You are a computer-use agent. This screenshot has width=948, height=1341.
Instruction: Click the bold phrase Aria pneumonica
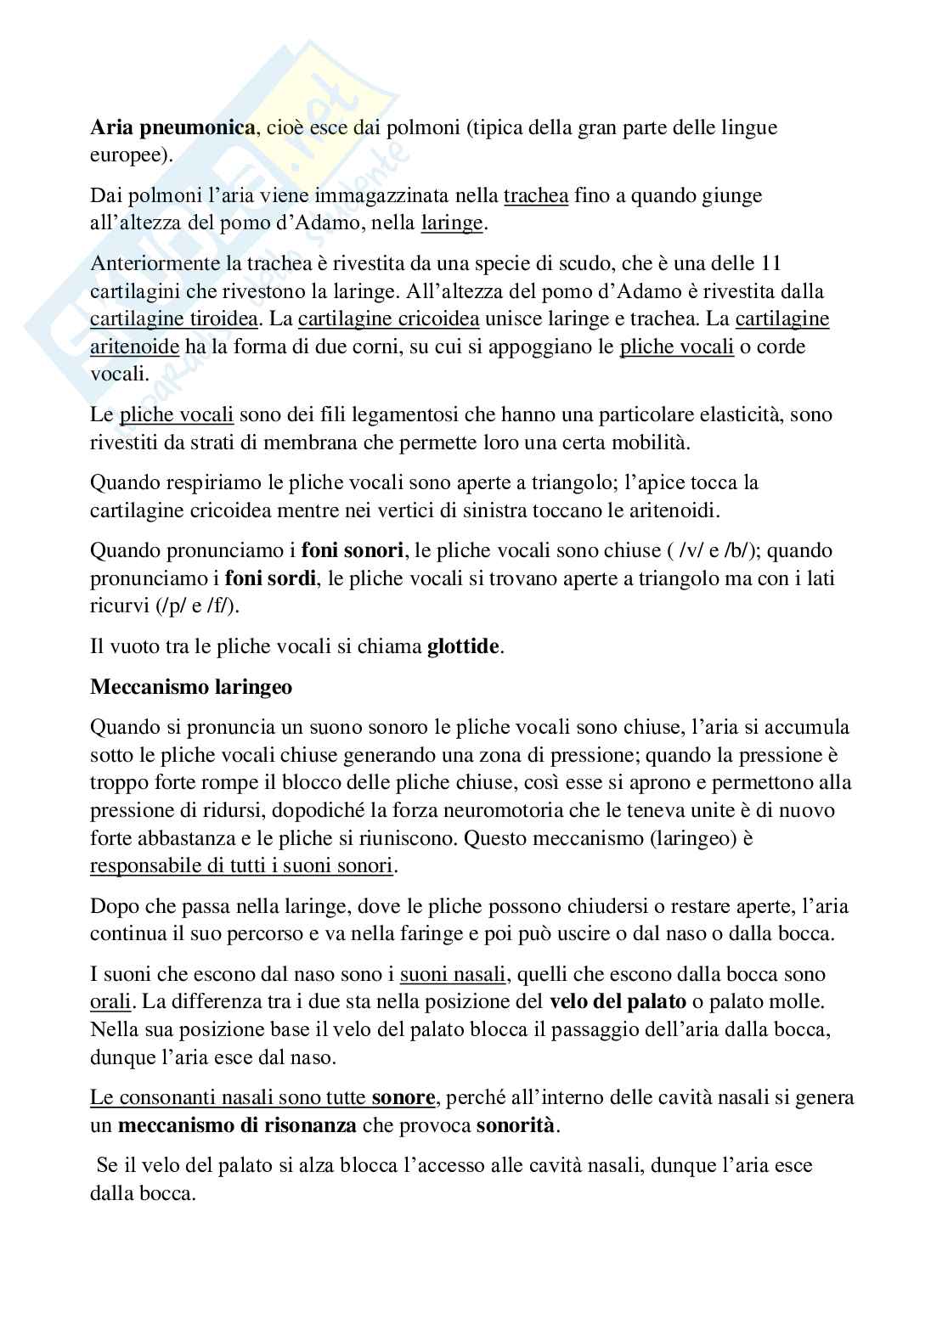coord(172,128)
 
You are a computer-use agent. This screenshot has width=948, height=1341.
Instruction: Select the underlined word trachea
coord(536,196)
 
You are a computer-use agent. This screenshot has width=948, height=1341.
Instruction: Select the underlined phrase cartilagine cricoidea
coord(389,319)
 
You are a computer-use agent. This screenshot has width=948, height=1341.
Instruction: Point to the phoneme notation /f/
coord(226,606)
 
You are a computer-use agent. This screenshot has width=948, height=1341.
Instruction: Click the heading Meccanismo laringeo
coord(191,688)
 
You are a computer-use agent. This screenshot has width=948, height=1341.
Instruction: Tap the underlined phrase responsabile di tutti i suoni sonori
coord(243,866)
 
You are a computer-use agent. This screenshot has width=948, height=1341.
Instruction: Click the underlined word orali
coord(110,1002)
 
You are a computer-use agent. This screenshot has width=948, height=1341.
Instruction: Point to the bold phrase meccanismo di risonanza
coord(236,1126)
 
